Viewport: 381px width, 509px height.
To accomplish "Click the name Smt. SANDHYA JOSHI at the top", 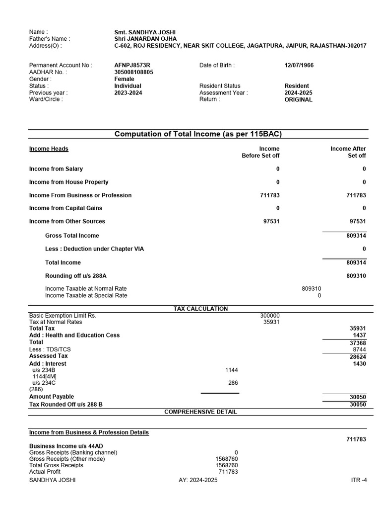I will [144, 32].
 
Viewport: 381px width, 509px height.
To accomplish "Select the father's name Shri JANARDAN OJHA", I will [145, 39].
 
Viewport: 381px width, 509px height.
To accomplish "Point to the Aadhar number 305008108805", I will [134, 72].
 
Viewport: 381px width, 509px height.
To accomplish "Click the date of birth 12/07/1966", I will [299, 65].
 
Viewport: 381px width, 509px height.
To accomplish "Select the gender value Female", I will [124, 79].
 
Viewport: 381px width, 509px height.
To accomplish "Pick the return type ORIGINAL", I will [298, 99].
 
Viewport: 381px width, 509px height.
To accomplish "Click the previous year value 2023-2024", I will [128, 92].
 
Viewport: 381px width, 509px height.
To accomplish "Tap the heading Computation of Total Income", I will [198, 134].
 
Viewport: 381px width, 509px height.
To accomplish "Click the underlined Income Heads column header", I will [49, 149].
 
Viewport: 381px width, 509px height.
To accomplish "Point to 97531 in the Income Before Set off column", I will [271, 222].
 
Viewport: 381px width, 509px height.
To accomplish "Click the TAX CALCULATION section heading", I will [200, 309].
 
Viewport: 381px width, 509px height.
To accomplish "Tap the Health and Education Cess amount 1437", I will [360, 336].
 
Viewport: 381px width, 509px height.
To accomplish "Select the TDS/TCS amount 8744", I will [360, 349].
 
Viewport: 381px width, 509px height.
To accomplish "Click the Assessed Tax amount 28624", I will [358, 357].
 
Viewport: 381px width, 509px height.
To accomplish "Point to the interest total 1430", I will [360, 364].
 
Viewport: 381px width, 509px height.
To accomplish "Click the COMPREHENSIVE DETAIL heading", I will [200, 412].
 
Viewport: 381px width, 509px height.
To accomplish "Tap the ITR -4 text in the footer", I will [358, 480].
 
